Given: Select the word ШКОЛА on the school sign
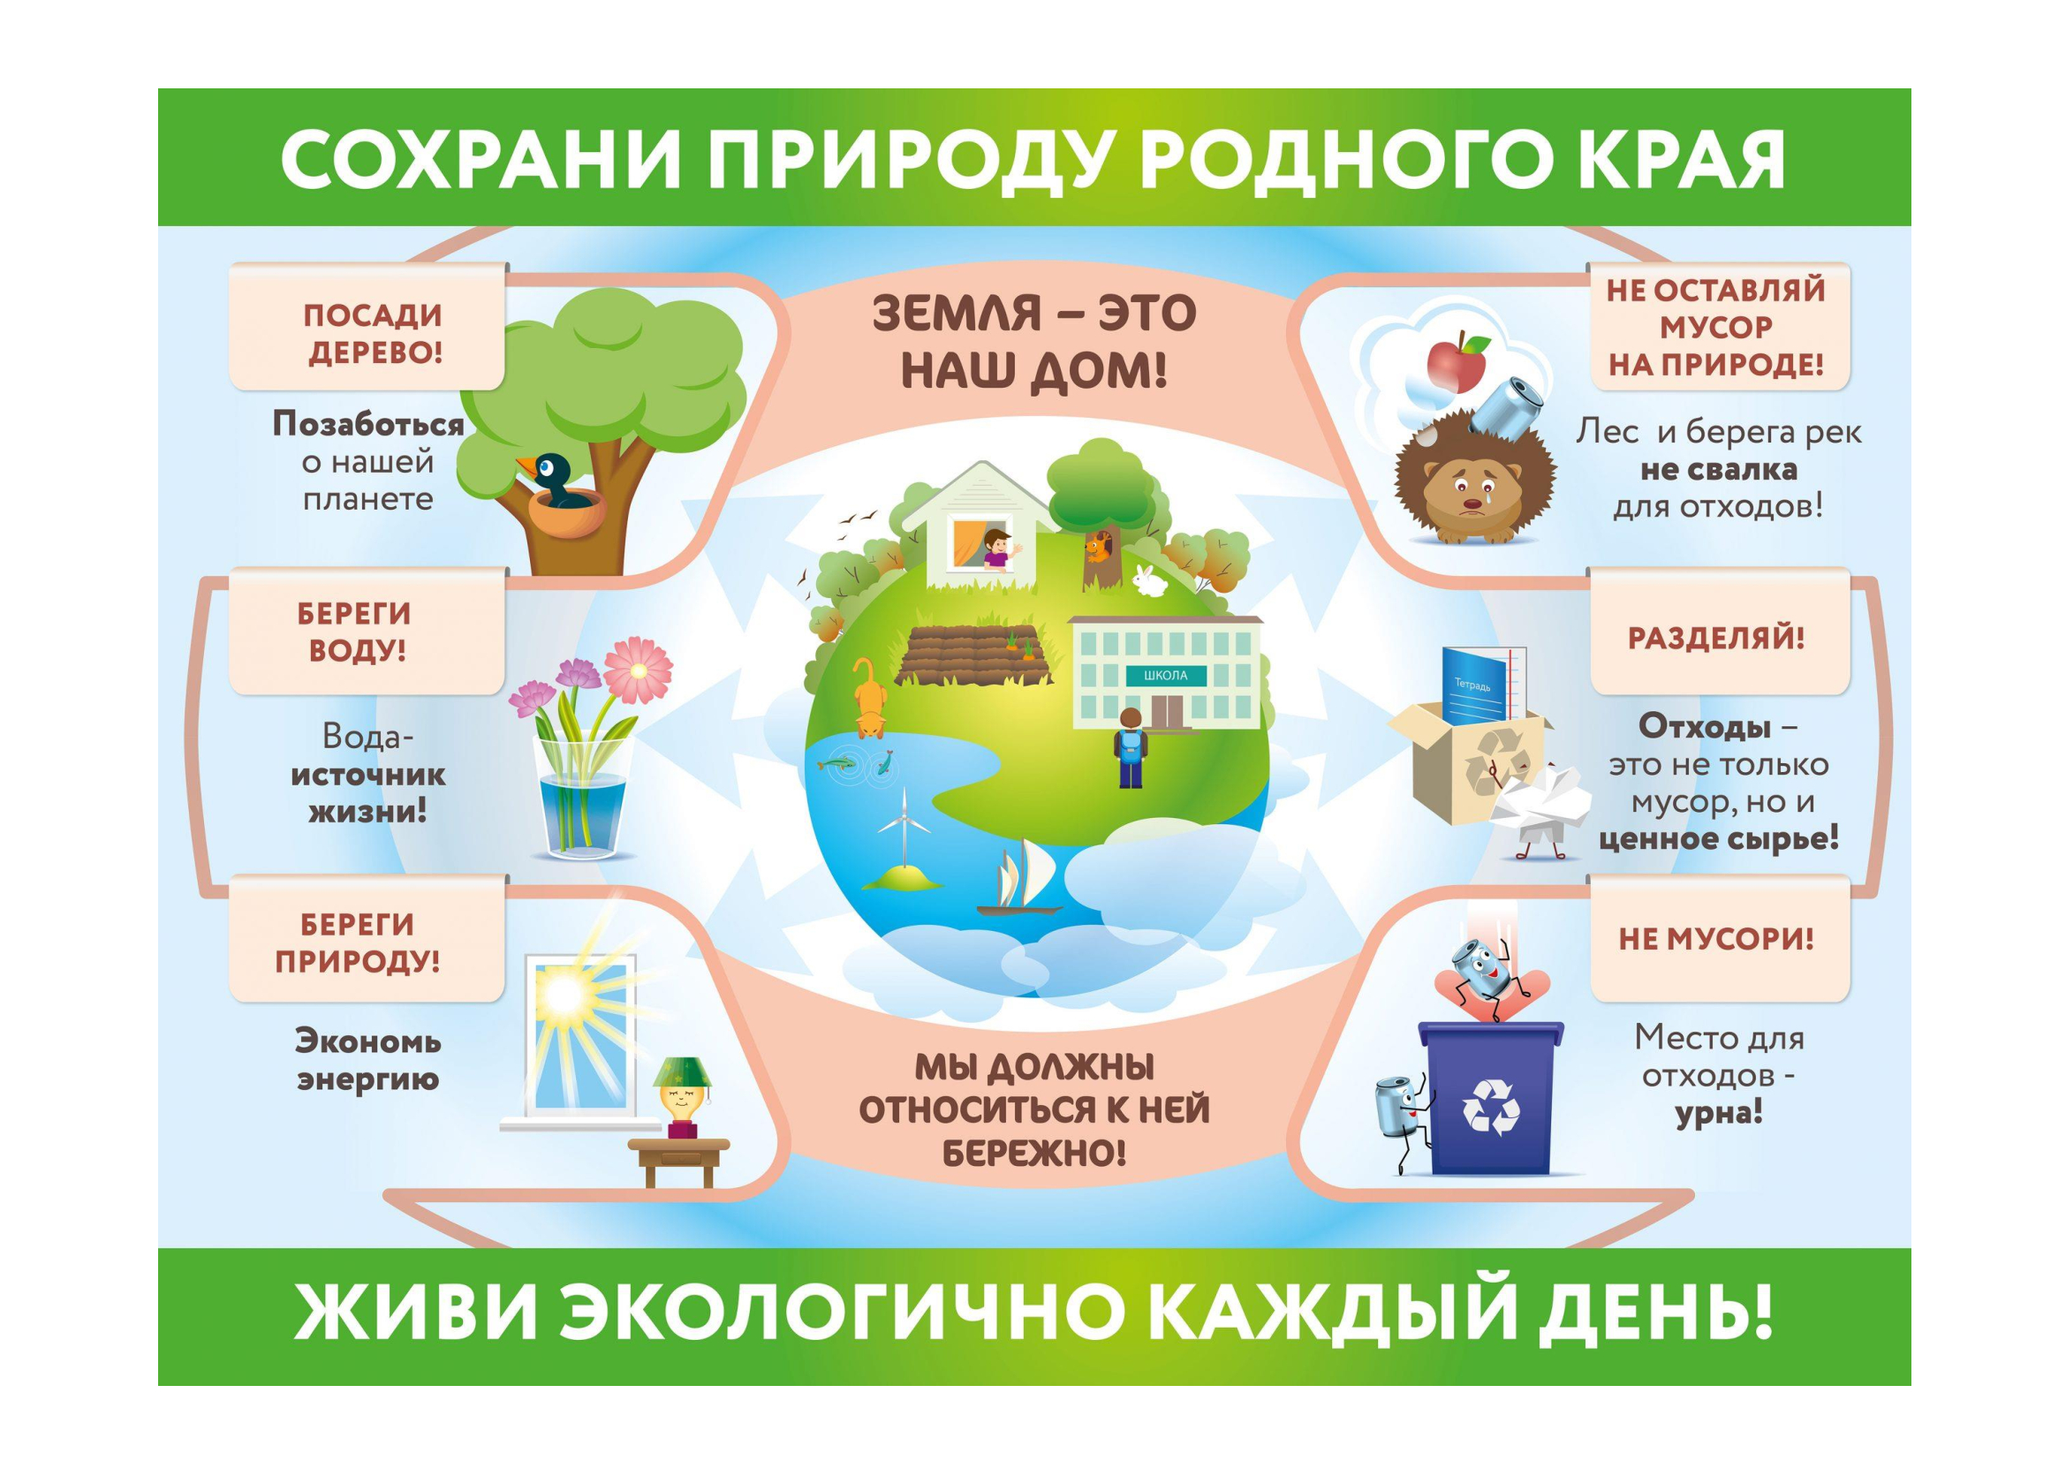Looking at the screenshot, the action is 1165,675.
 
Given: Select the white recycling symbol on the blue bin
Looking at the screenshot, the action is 1491,1106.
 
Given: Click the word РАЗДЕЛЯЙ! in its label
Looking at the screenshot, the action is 1716,638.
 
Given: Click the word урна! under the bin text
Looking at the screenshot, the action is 1718,1113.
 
